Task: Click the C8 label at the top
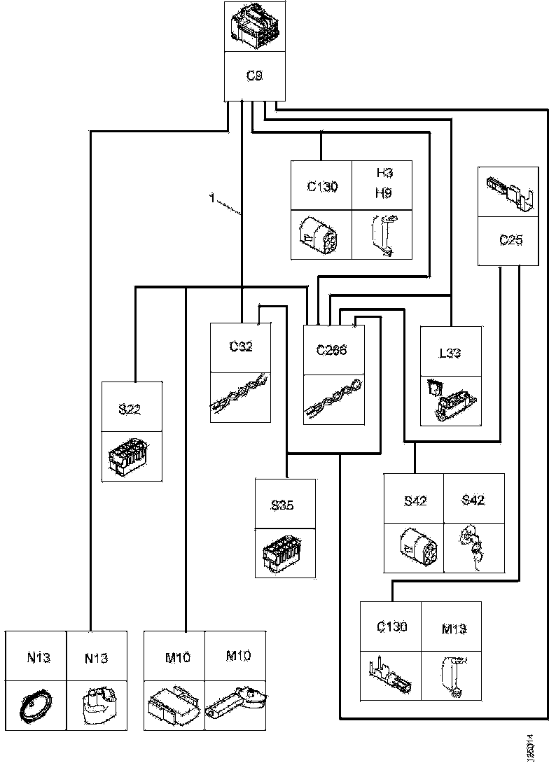tap(255, 76)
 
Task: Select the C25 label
tap(511, 240)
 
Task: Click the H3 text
tap(383, 174)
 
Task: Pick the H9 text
tap(383, 193)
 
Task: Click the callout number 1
tap(211, 199)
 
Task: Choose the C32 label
tap(241, 346)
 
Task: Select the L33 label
tap(450, 353)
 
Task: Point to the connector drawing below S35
tap(284, 553)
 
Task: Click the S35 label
tap(284, 505)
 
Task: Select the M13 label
tap(454, 629)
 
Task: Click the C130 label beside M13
tap(391, 626)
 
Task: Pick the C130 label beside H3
tap(322, 187)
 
